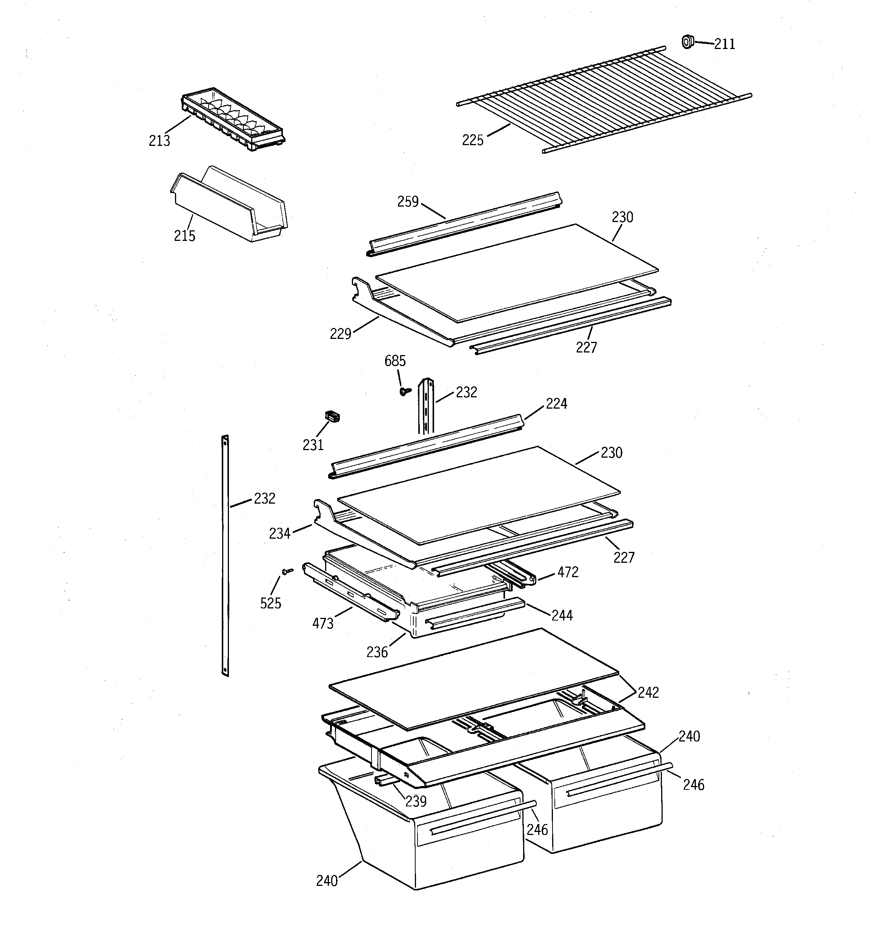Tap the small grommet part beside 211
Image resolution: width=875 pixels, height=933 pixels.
tap(687, 42)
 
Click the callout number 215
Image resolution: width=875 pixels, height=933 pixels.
tap(184, 236)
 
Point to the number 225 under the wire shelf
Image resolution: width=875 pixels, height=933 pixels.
tap(473, 140)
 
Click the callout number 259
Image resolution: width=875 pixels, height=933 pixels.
tap(408, 202)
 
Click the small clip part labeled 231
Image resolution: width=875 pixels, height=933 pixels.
tap(332, 417)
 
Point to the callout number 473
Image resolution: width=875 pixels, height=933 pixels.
tap(323, 623)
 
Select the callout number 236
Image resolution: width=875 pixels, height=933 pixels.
tap(377, 652)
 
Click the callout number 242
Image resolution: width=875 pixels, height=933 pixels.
tap(648, 693)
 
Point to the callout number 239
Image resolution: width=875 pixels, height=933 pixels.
tap(416, 801)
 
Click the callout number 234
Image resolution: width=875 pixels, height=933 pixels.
tap(279, 534)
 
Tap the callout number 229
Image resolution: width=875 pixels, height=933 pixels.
tap(341, 334)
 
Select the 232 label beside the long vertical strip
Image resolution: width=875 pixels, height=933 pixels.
tap(264, 498)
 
